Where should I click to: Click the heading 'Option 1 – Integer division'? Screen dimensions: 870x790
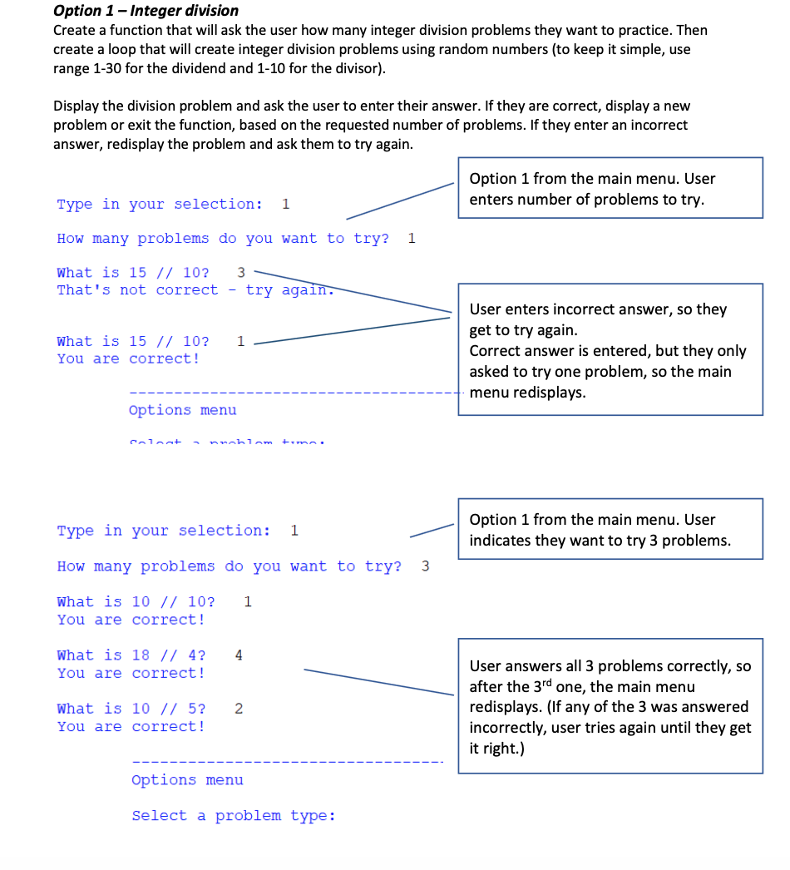tap(146, 11)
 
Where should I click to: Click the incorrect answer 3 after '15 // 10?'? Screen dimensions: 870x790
tap(241, 273)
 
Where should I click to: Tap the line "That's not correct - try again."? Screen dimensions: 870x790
tap(195, 290)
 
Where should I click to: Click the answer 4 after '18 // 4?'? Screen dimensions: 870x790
tap(239, 655)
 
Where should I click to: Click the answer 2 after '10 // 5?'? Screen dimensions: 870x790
tap(239, 709)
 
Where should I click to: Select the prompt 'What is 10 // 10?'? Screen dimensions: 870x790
tap(136, 601)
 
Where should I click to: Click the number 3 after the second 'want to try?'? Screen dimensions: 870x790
tap(426, 566)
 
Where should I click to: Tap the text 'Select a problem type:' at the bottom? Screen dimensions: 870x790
tap(234, 816)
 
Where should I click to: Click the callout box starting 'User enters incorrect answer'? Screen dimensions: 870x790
tap(610, 349)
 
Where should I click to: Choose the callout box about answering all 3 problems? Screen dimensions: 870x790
tap(610, 706)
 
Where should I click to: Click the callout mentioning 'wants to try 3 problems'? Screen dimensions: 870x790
tap(610, 529)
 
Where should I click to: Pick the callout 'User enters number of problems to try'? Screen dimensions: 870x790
tap(610, 189)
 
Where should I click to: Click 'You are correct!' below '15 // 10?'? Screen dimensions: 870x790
tap(128, 359)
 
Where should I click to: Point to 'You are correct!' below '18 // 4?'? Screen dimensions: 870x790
tap(131, 673)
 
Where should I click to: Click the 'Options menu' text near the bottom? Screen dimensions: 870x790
tap(187, 780)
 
